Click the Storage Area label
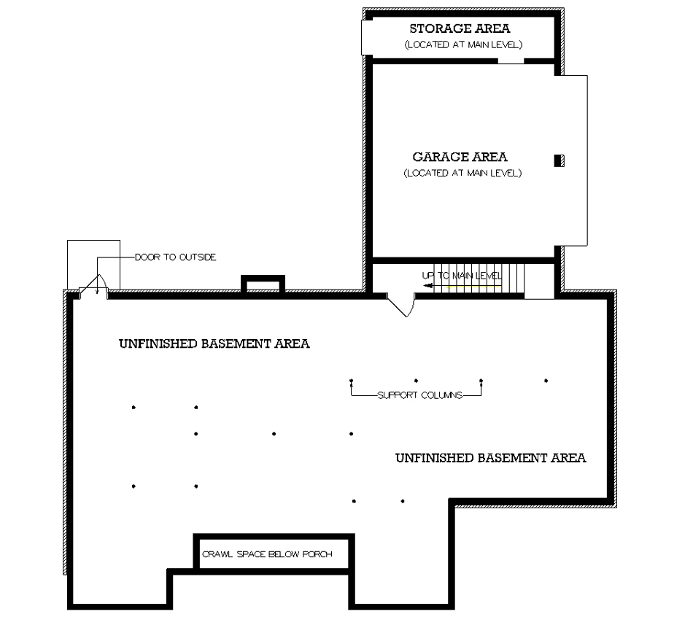(460, 29)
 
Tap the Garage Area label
(460, 157)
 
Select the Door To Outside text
(175, 257)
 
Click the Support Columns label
(419, 395)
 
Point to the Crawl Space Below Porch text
(267, 554)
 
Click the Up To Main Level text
(462, 276)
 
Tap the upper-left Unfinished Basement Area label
(214, 343)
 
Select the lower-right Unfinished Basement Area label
(490, 458)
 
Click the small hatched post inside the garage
(559, 160)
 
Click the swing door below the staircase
(401, 304)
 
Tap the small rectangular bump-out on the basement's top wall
(263, 284)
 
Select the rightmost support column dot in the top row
(546, 381)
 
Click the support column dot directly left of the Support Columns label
(352, 381)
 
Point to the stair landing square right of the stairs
(539, 282)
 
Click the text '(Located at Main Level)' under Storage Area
(462, 45)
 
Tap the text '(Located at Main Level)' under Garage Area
(462, 174)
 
